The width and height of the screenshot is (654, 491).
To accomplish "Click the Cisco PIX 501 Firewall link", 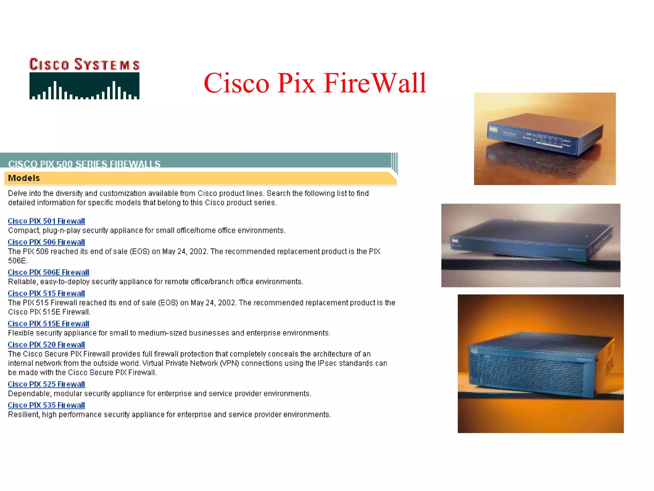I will (46, 221).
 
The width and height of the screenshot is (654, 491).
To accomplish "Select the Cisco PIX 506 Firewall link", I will (46, 242).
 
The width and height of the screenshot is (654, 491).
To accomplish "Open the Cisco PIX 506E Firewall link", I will (49, 272).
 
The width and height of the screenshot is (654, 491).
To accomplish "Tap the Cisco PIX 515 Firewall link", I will (46, 293).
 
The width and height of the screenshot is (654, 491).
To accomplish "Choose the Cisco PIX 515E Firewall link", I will (49, 324).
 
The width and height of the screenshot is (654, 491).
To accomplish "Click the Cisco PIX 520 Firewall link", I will (46, 345).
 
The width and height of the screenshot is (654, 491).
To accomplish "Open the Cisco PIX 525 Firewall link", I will (46, 384).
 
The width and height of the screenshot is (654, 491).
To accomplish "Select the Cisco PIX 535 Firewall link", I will (46, 405).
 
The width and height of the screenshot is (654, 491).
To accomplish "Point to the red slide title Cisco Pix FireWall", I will (315, 83).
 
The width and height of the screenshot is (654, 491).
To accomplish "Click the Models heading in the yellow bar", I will (24, 178).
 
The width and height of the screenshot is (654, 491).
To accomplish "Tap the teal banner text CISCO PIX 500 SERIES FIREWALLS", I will (84, 164).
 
